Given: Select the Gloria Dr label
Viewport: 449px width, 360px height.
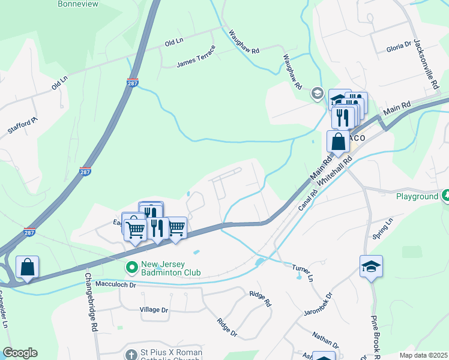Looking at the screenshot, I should point(399,44).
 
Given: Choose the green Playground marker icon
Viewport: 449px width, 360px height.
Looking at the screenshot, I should point(445,196).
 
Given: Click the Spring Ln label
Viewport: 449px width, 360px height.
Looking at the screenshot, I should point(382,228).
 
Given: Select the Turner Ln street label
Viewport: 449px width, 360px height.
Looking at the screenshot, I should point(303,274).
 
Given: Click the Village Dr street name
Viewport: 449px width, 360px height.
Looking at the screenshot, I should point(154,310).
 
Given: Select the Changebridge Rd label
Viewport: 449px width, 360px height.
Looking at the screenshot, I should point(91,303).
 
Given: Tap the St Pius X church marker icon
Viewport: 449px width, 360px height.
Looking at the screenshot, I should point(131,354).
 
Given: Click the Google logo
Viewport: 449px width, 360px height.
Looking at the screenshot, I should point(20,353).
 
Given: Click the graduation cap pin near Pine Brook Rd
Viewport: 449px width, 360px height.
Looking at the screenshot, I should point(371,265).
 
